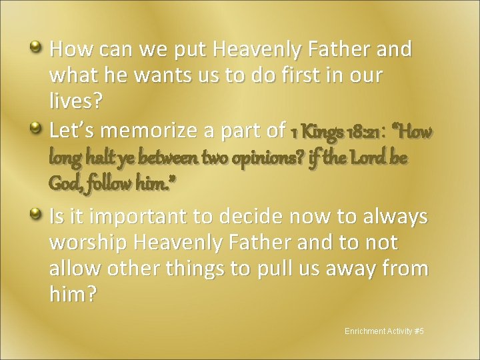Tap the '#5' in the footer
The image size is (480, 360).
tap(418, 330)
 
